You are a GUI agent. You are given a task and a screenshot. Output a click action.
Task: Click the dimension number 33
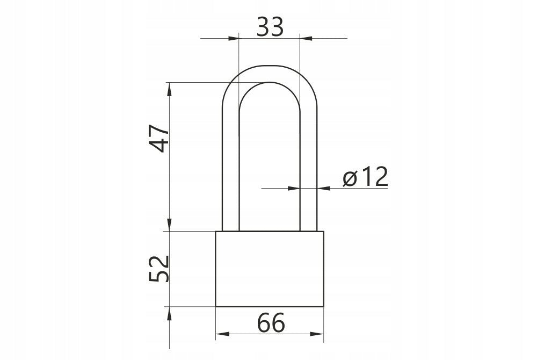(270, 26)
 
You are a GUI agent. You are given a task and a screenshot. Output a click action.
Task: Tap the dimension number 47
(158, 139)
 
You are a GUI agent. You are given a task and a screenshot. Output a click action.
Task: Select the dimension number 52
(159, 269)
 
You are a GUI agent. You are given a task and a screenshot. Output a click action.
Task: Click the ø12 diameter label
(365, 177)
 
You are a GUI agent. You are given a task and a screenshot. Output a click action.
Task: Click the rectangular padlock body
(270, 269)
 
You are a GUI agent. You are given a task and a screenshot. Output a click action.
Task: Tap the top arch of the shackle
(270, 74)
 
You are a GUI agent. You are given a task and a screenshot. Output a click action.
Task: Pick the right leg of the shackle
(308, 161)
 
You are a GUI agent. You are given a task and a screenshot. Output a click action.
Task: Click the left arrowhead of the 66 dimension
(220, 334)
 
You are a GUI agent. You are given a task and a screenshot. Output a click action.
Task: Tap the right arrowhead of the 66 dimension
(319, 334)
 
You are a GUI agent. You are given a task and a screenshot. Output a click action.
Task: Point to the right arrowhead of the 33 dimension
(304, 38)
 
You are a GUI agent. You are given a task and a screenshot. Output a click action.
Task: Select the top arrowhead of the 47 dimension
(170, 88)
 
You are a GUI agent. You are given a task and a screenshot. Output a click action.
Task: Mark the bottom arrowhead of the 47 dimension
(170, 226)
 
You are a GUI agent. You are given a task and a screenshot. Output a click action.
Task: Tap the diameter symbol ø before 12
(350, 178)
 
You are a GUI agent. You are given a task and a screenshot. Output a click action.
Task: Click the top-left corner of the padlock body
(216, 232)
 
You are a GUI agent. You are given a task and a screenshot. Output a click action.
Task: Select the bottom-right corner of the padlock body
(324, 306)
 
